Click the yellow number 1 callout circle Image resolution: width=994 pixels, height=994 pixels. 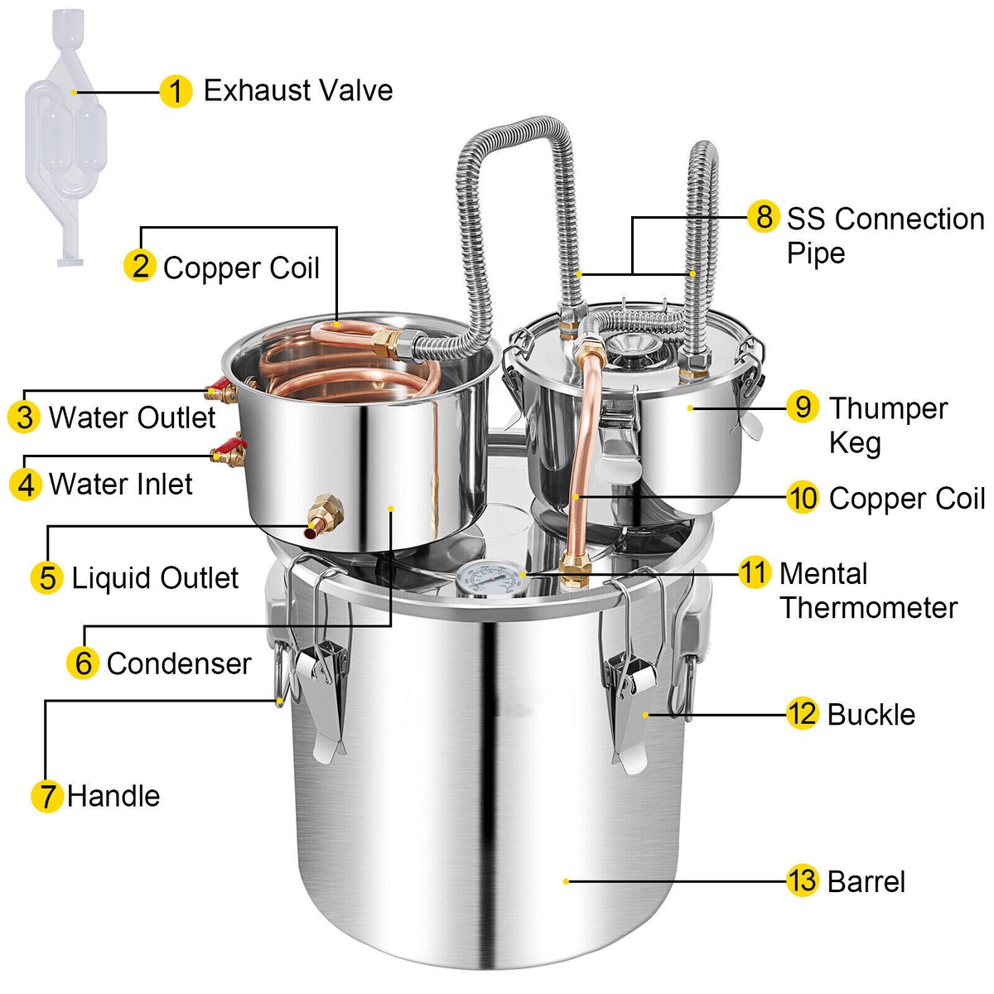(175, 91)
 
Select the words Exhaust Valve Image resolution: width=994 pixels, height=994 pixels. (298, 90)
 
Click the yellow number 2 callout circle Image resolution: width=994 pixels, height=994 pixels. (140, 266)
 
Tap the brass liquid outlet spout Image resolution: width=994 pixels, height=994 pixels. (319, 519)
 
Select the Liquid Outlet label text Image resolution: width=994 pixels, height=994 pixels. (155, 577)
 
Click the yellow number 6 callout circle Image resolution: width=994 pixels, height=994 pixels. (83, 663)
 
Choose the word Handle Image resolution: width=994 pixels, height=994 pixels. (113, 796)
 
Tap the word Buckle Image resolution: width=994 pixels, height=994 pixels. (871, 714)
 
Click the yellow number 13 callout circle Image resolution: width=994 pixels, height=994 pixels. (802, 881)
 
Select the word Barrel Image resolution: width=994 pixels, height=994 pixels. (866, 881)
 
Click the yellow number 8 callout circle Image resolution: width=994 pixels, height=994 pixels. (763, 217)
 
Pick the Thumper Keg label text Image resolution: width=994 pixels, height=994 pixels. (886, 425)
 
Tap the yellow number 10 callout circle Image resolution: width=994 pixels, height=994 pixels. (802, 498)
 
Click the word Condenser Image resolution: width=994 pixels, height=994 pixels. (179, 663)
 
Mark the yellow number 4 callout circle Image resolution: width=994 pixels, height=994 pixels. (25, 484)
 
